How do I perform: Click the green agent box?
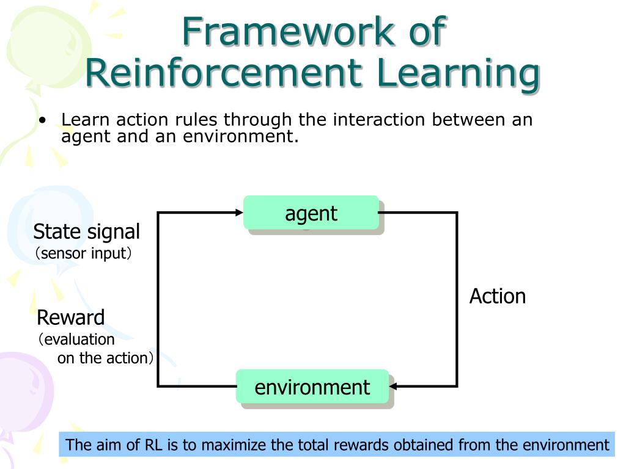pyautogui.click(x=311, y=213)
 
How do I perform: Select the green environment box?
pyautogui.click(x=312, y=387)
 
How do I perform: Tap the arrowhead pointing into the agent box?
pyautogui.click(x=239, y=213)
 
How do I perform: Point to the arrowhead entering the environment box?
pyautogui.click(x=393, y=386)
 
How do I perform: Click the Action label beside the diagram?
pyautogui.click(x=498, y=296)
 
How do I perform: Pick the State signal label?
pyautogui.click(x=87, y=232)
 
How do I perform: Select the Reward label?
pyautogui.click(x=71, y=318)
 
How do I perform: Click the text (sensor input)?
pyautogui.click(x=83, y=253)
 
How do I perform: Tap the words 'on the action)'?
pyautogui.click(x=105, y=358)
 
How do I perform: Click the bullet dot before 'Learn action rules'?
pyautogui.click(x=43, y=120)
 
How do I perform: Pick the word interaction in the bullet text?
pyautogui.click(x=379, y=119)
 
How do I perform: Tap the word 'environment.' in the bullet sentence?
pyautogui.click(x=241, y=136)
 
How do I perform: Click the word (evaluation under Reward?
pyautogui.click(x=76, y=340)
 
